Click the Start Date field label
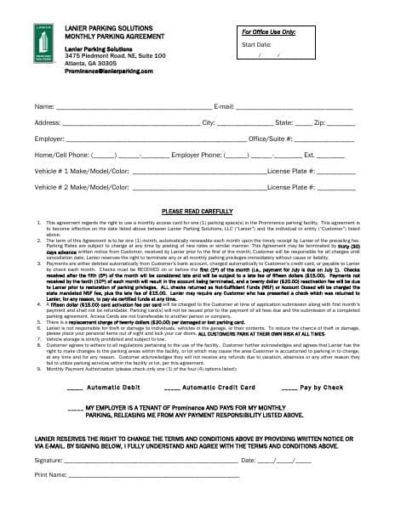tap(256, 43)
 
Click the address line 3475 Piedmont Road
tap(115, 55)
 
